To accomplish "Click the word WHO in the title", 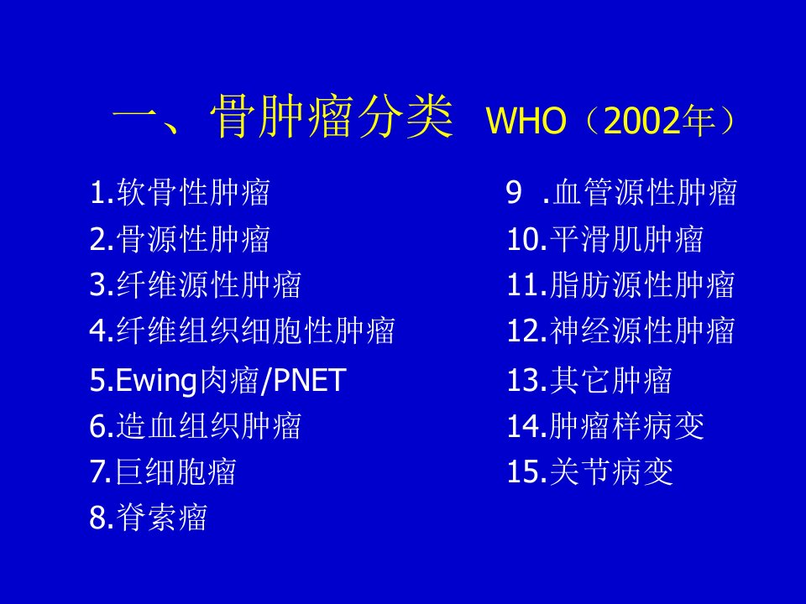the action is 526,120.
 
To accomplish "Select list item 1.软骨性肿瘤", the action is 180,193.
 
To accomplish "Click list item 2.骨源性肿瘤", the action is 180,239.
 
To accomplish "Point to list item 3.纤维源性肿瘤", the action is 195,284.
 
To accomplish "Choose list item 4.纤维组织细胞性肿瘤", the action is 242,330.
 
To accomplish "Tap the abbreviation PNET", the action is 310,380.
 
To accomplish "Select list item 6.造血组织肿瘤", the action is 195,426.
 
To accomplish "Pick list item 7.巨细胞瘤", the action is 162,471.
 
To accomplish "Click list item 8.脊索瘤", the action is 148,517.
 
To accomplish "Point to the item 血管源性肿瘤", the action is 645,193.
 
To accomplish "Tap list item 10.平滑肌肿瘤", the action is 605,239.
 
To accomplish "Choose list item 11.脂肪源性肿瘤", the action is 620,284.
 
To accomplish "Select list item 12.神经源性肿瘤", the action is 620,330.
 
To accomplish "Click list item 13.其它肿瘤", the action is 589,381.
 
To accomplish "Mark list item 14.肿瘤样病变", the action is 605,426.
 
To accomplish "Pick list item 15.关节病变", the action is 589,471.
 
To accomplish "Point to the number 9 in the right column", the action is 514,193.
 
